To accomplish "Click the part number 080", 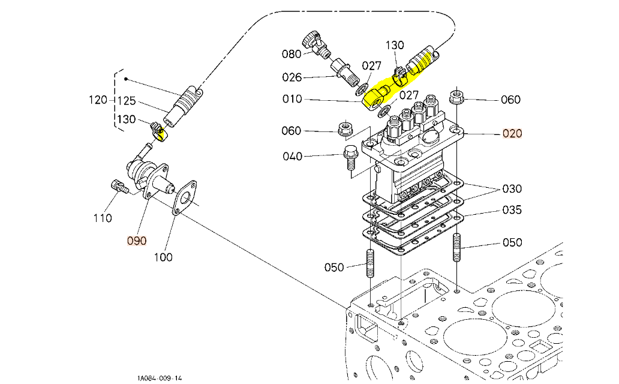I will click(292, 54).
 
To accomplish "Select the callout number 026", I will click(292, 77).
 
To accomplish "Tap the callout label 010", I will click(292, 99).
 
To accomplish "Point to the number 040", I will click(292, 157).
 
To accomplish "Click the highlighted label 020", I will click(512, 133).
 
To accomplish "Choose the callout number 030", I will click(512, 188).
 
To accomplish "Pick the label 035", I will click(512, 210).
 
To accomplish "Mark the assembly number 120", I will click(96, 100).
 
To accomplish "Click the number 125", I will click(127, 100).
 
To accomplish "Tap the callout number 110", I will click(103, 218).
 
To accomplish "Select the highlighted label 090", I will click(136, 241).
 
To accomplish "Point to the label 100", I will click(163, 257).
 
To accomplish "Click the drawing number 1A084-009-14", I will click(159, 378).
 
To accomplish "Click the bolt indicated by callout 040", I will click(350, 157).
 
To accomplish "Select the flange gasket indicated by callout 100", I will click(183, 197).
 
